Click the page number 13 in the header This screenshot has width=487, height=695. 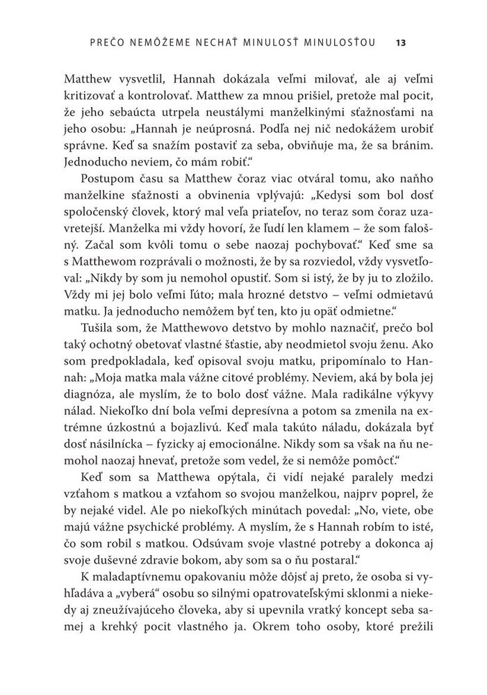click(401, 43)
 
